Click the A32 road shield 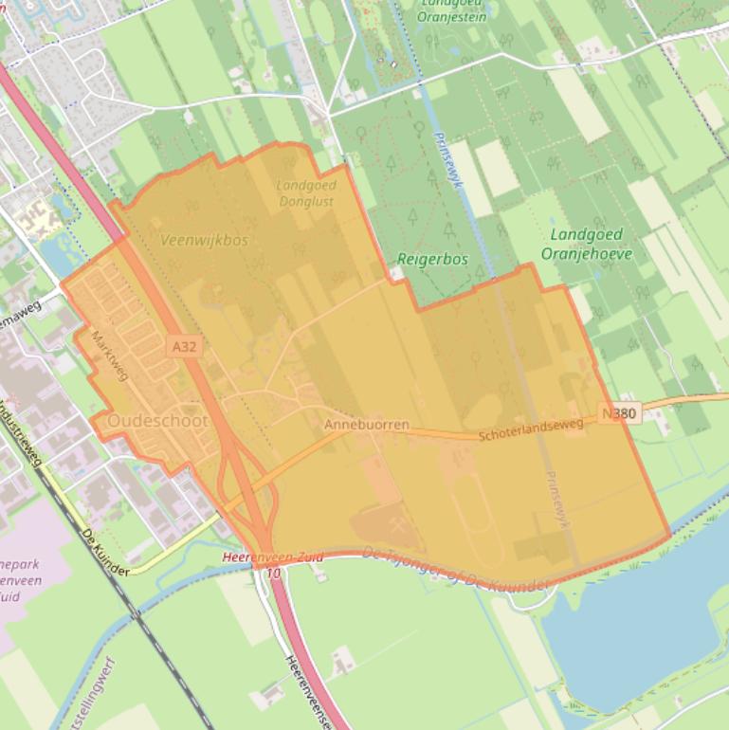(x=185, y=347)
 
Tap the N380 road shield (x=619, y=413)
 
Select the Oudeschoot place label (x=157, y=420)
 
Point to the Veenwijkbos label (x=204, y=240)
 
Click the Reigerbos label (x=432, y=259)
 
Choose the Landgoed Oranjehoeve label (x=586, y=244)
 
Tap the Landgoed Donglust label (x=306, y=193)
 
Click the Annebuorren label (x=367, y=425)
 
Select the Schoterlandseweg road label (x=530, y=431)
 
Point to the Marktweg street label (x=110, y=356)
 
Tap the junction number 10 (x=274, y=574)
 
